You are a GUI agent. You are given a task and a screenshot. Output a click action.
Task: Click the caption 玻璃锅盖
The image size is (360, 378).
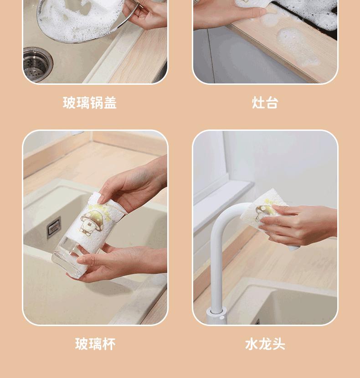(90, 103)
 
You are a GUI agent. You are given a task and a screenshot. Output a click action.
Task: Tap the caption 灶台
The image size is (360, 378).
(265, 103)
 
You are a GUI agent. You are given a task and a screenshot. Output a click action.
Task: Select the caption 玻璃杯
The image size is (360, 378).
(95, 344)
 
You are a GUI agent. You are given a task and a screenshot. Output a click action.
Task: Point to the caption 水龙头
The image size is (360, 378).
(265, 344)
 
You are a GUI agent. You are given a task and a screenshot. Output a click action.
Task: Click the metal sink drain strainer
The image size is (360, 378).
(37, 64)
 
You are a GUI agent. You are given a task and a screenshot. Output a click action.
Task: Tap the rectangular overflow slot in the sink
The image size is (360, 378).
(54, 227)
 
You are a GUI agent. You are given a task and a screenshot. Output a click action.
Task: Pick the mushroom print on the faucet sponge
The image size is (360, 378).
(265, 212)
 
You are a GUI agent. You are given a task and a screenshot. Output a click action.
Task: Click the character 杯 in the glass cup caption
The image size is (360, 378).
(109, 344)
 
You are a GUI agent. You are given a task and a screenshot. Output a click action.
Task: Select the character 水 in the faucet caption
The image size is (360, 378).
(252, 344)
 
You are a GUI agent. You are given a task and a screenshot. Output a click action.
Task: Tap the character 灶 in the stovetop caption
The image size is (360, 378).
(258, 103)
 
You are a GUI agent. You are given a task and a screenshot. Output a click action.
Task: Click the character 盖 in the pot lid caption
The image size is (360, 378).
(110, 103)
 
